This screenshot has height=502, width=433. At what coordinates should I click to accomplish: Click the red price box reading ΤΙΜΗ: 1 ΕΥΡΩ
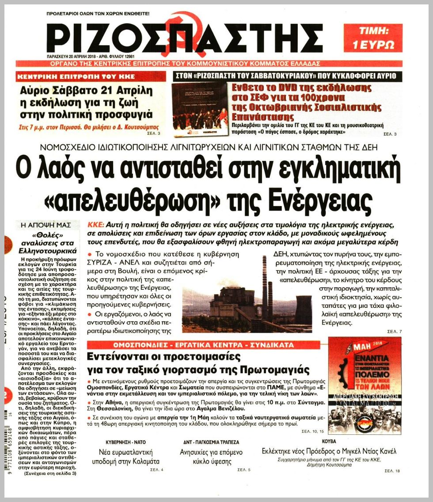(x=373, y=38)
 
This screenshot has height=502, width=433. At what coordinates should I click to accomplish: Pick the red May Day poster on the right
(x=365, y=385)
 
